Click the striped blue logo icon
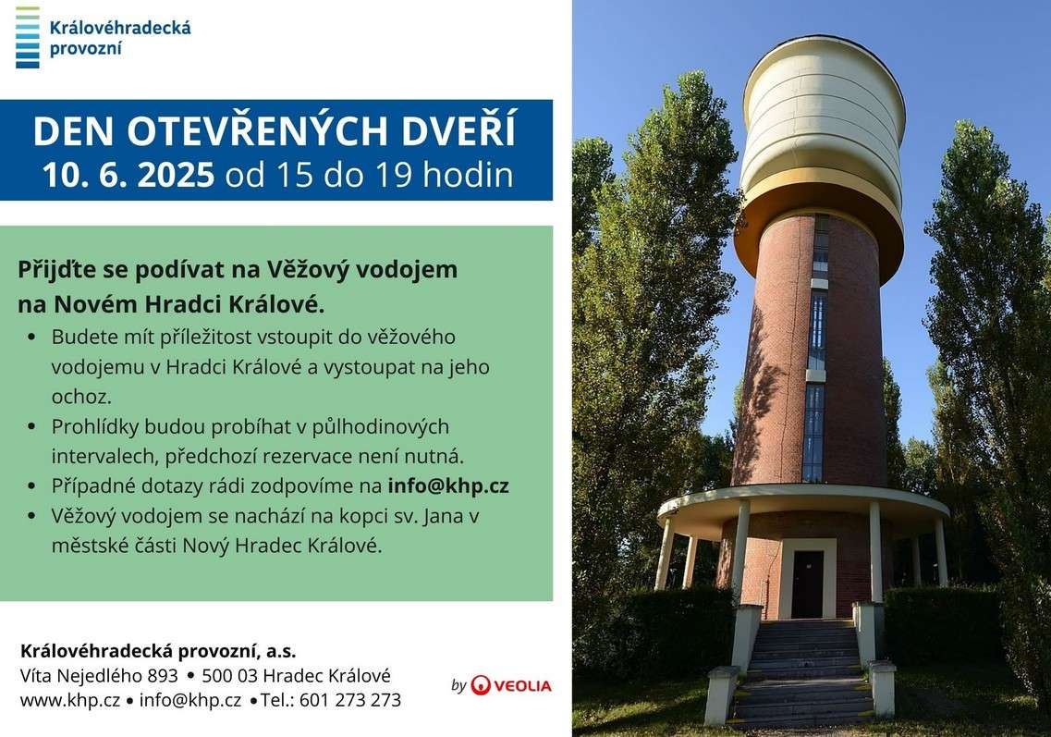click(x=28, y=38)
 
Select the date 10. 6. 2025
click(x=128, y=175)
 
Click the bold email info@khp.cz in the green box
click(x=448, y=485)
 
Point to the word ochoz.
click(x=81, y=397)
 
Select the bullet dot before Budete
click(x=31, y=338)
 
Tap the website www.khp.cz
click(x=69, y=700)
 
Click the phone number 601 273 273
click(x=350, y=700)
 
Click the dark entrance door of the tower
click(x=807, y=584)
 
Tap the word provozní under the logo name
click(x=86, y=49)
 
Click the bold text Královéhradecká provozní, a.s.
click(x=158, y=651)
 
